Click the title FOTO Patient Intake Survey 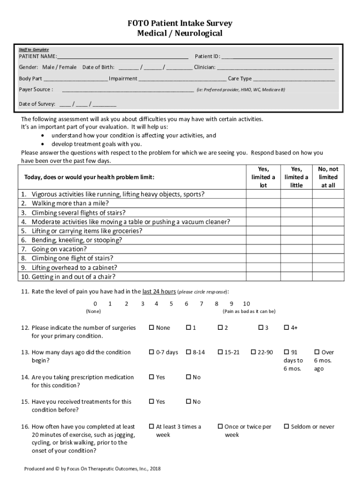tap(180, 23)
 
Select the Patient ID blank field tap(277, 57)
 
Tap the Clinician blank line tap(275, 68)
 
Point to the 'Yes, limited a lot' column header tap(263, 177)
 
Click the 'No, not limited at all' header tap(328, 177)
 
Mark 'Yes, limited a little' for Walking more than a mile tap(296, 203)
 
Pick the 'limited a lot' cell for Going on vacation tap(263, 249)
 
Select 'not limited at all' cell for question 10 tap(328, 277)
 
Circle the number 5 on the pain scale tap(171, 304)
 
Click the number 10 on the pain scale tap(246, 304)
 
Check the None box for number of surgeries tap(151, 328)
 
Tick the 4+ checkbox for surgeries tap(287, 328)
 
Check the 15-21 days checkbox tap(220, 352)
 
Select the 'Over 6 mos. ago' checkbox tap(317, 352)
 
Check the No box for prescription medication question tap(188, 377)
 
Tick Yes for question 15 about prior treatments tap(151, 402)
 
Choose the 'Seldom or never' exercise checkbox tap(287, 427)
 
